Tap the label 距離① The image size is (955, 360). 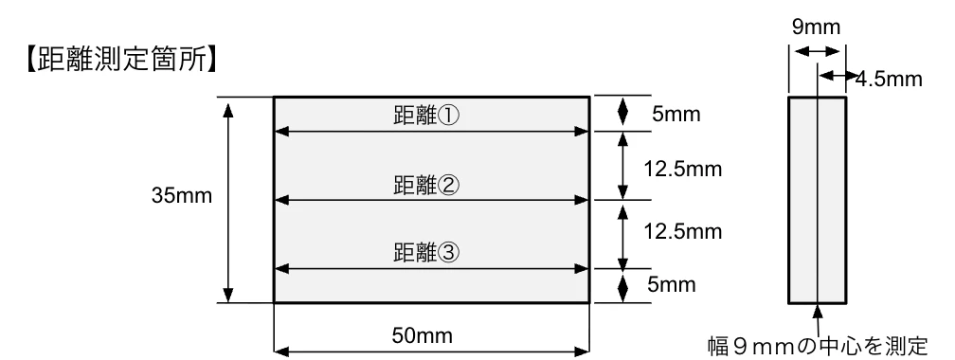[425, 115]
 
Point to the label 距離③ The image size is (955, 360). [425, 253]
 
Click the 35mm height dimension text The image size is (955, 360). [181, 197]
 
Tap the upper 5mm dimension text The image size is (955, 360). [675, 115]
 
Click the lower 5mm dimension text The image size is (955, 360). [675, 283]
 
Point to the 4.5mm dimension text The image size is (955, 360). [888, 79]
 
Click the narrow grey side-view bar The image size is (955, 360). [817, 200]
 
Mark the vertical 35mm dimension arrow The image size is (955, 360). [227, 200]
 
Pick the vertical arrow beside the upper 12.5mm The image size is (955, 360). [622, 166]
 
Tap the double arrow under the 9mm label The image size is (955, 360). [811, 53]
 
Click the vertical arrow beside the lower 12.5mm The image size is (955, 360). [622, 234]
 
